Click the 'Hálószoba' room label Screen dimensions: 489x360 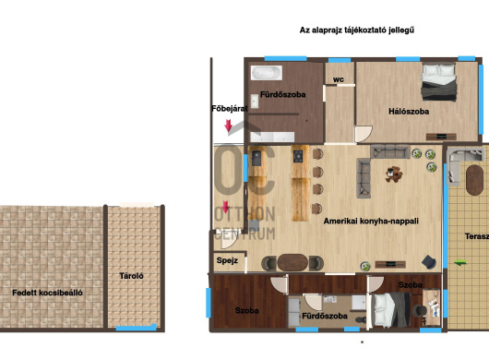coord(409,112)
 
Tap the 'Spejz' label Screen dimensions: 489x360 coord(227,260)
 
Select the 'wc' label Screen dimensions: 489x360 coord(339,79)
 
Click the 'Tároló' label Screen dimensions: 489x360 coord(131,276)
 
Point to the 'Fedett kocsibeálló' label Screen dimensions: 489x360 coord(47,293)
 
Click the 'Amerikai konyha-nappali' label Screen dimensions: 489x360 coord(371,222)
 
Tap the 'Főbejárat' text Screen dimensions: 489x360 coord(229,109)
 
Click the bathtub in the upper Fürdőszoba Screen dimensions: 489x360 coord(267,73)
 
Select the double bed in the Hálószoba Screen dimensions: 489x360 coord(439,82)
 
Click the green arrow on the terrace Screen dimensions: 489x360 coord(460,263)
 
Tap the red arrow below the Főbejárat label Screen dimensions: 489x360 coord(228,126)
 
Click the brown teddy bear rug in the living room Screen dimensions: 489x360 coord(394,174)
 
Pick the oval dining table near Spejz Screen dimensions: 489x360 coord(292,262)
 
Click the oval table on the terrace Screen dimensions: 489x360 coord(474,180)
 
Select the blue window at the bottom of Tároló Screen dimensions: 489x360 coord(136,328)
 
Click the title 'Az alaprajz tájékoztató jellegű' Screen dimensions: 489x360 coord(357,30)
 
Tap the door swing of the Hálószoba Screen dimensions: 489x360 coord(364,134)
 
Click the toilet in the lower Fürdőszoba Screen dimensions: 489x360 coord(361,319)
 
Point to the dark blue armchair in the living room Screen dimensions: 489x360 coord(429,262)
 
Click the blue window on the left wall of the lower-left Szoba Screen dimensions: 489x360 coord(208,303)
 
